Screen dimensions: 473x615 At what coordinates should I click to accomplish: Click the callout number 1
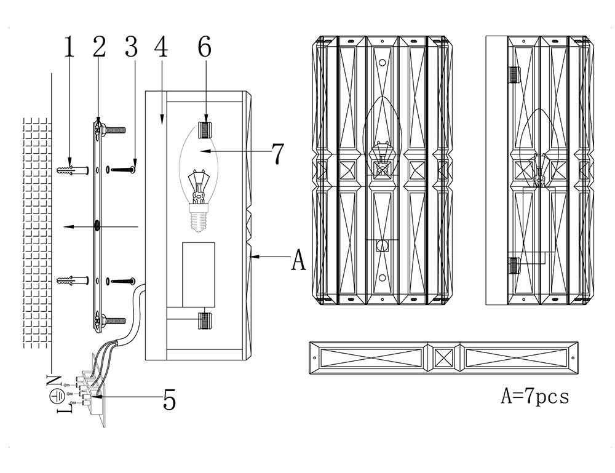click(69, 48)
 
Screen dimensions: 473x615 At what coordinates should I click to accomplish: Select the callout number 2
click(99, 48)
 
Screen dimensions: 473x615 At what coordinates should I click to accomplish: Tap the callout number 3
click(130, 48)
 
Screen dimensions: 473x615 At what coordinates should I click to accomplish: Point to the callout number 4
click(161, 48)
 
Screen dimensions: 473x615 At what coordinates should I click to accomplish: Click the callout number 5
click(169, 400)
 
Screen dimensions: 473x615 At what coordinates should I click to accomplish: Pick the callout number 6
click(205, 48)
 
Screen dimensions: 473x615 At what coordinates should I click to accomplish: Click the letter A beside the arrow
click(298, 260)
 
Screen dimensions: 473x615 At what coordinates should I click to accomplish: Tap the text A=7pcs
click(534, 395)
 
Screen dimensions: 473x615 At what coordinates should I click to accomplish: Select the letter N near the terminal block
click(54, 380)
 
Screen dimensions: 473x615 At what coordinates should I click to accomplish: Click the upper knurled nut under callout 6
click(205, 130)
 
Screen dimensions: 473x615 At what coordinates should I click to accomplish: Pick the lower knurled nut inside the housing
click(205, 321)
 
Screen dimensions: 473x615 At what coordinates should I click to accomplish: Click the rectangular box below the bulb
click(199, 274)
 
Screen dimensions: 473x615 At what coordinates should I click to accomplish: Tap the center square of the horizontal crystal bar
click(443, 357)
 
